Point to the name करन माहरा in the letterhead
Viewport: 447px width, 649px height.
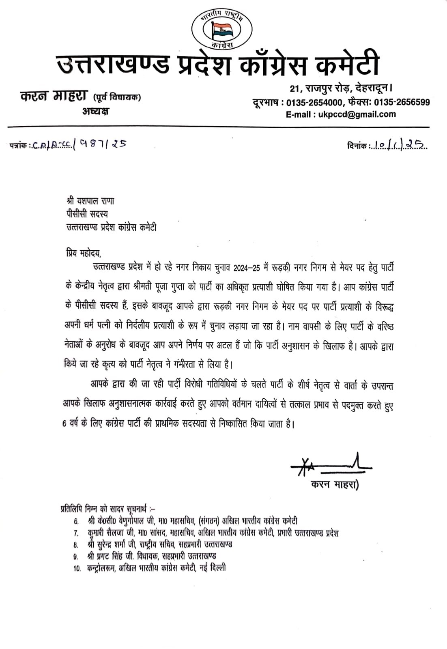tap(53, 96)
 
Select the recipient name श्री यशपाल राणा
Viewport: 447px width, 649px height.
tap(91, 201)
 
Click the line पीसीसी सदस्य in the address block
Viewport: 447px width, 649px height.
tap(87, 214)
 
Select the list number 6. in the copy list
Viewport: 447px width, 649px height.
tap(76, 521)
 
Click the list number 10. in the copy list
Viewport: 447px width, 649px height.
tap(77, 568)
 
